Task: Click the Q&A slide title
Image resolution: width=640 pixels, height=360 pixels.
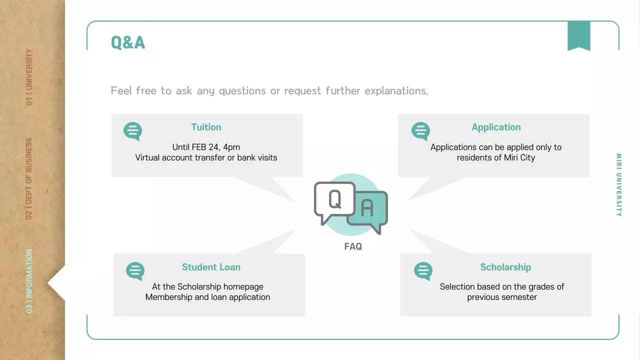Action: [x=128, y=42]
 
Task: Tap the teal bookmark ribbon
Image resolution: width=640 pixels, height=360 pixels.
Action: [x=578, y=35]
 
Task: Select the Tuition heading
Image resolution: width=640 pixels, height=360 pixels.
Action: [x=206, y=127]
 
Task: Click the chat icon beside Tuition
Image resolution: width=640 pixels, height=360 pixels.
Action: [x=132, y=131]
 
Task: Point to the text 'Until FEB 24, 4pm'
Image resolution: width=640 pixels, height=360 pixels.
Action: [x=206, y=147]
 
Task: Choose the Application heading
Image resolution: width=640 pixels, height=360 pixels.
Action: [x=496, y=127]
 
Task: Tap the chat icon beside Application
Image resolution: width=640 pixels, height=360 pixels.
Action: [x=420, y=131]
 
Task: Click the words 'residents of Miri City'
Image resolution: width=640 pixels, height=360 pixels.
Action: [x=496, y=157]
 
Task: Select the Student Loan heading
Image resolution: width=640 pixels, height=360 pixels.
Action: [x=211, y=267]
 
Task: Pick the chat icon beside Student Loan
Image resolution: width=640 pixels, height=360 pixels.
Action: [x=135, y=271]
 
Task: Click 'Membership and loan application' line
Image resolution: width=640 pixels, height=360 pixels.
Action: [x=207, y=297]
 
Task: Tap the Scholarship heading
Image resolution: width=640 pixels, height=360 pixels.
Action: [x=505, y=267]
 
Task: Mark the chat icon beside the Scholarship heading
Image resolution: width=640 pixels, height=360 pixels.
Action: [x=423, y=271]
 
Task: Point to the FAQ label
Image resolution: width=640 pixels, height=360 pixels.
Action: [x=353, y=246]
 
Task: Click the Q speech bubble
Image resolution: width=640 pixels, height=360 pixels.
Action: [x=333, y=200]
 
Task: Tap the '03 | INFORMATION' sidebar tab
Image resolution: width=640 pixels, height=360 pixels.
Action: [x=29, y=281]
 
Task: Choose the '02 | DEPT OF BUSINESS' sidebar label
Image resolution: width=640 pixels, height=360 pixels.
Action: [x=29, y=178]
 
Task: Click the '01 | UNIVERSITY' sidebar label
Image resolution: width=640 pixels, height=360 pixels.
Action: [x=29, y=77]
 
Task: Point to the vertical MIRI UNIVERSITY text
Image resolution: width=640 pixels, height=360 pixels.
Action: [x=619, y=185]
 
